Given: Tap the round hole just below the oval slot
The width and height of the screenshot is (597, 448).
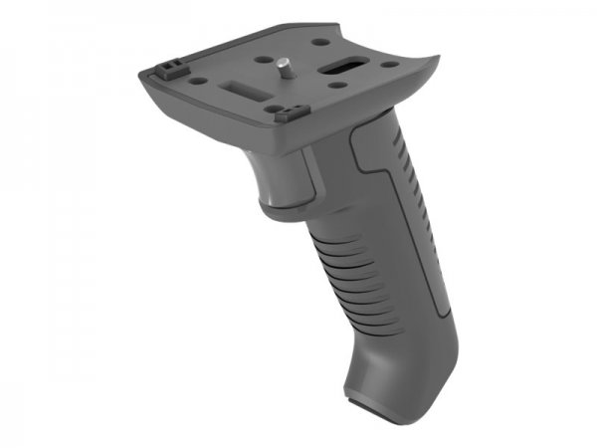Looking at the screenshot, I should (x=340, y=87).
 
